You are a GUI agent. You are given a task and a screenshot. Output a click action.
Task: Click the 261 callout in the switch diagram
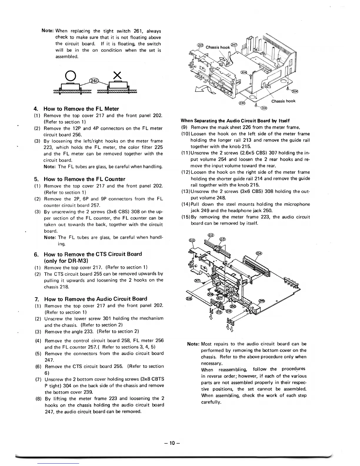[94, 81]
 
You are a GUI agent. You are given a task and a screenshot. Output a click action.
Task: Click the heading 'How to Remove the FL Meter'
[81, 109]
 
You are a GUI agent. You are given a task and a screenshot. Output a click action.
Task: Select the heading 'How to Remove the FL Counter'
[84, 179]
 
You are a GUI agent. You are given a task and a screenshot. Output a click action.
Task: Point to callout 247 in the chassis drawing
[234, 44]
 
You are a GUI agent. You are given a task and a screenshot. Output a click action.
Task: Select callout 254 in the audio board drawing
[259, 253]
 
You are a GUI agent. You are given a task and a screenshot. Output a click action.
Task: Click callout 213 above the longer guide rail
[211, 235]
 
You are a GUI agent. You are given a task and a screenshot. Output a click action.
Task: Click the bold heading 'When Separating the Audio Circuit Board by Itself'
[235, 121]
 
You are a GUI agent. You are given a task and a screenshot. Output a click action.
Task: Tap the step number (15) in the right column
[186, 217]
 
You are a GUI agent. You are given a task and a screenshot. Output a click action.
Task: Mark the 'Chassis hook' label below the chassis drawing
[283, 101]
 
